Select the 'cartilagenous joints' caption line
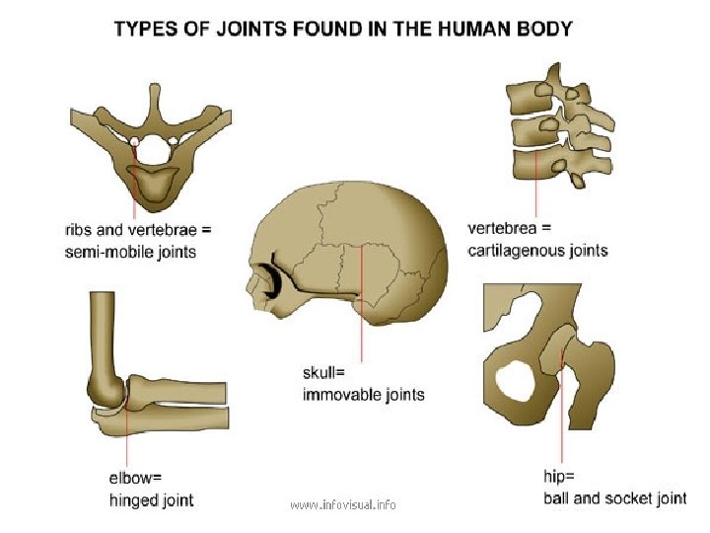click(537, 250)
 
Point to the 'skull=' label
click(324, 373)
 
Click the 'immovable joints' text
click(364, 395)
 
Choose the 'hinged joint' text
click(151, 500)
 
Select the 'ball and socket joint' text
click(614, 497)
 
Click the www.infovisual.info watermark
click(343, 504)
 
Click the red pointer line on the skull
click(363, 316)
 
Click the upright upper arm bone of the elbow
click(105, 336)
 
